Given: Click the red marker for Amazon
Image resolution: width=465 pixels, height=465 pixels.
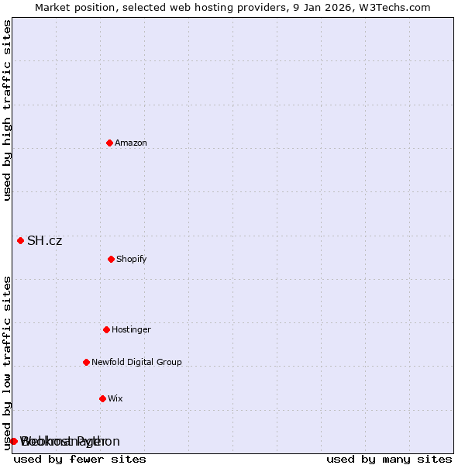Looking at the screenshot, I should click(109, 143).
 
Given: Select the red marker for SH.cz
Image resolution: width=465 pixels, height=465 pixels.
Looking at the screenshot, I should click(20, 240).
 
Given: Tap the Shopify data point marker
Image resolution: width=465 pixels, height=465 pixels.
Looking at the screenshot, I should click(111, 259).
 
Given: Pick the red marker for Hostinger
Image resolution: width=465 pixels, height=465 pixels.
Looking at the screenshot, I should click(106, 329).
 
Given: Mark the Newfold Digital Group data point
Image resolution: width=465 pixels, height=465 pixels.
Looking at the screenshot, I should click(86, 362).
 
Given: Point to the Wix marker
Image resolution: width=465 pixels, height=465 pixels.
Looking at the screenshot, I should click(102, 398).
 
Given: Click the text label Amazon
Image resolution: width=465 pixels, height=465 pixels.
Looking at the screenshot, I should click(131, 143).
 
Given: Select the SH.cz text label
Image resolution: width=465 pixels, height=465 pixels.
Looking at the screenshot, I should click(44, 240).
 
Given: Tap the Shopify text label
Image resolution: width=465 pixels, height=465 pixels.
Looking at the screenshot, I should click(132, 259).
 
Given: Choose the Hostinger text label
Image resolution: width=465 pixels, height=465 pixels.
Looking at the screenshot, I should click(131, 329).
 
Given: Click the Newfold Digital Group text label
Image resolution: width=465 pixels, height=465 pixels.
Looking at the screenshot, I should click(136, 362).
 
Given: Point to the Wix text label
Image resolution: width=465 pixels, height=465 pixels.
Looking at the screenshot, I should click(115, 398).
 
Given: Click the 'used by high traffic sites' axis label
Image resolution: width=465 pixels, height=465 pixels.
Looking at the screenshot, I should click(7, 110).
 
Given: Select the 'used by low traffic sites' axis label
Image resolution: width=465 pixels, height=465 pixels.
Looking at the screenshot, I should click(7, 363).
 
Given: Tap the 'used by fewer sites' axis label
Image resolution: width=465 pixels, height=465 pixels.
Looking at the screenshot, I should click(80, 460).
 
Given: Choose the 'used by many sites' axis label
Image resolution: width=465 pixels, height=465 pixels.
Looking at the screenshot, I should click(389, 460).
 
